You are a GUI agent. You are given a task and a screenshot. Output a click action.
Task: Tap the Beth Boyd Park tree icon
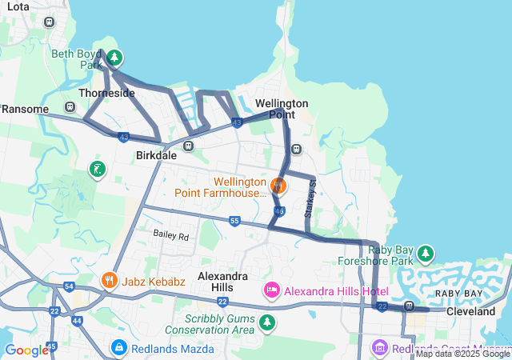click(114, 58)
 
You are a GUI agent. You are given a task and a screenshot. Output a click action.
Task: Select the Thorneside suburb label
click(106, 93)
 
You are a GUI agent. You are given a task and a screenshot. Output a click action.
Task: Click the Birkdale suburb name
click(156, 155)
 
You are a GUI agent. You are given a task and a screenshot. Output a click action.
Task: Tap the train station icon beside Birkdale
click(188, 146)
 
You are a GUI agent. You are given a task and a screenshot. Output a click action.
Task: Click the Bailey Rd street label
click(171, 236)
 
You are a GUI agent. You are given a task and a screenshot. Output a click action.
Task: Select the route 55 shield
click(234, 221)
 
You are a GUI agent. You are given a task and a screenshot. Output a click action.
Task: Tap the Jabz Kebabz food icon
click(110, 281)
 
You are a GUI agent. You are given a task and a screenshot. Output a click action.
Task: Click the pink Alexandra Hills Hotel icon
click(271, 290)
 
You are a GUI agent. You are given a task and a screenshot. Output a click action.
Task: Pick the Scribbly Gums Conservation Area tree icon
click(266, 322)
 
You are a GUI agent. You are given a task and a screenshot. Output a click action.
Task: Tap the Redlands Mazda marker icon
click(118, 348)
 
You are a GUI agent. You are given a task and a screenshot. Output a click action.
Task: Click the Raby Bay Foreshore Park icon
click(427, 254)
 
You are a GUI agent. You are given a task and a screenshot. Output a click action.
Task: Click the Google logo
click(26, 350)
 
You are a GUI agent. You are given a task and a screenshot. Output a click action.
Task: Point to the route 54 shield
click(69, 286)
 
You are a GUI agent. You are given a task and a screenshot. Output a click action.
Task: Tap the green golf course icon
click(96, 169)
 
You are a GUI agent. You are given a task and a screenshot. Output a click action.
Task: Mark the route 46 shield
click(278, 210)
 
